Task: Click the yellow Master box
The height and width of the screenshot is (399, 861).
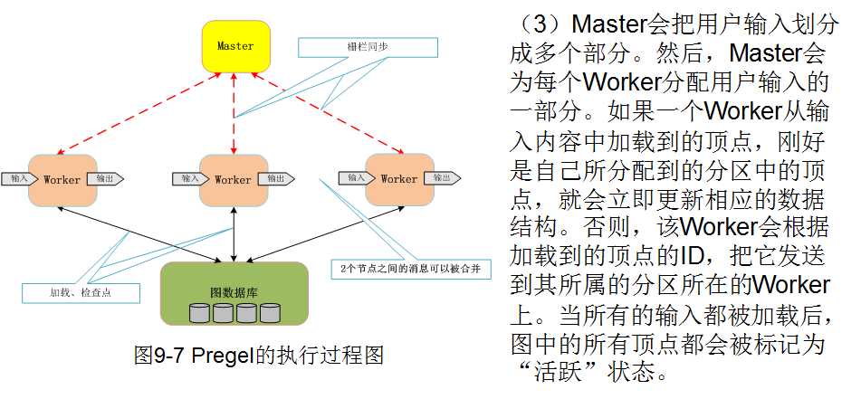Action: tap(234, 46)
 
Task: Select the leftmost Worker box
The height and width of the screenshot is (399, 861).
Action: tap(62, 179)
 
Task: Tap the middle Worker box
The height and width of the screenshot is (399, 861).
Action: tap(233, 179)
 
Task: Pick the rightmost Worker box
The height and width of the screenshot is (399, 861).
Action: tap(398, 178)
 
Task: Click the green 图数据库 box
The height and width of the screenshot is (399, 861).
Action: tap(234, 293)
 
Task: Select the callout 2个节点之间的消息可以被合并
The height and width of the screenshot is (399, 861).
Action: tap(407, 270)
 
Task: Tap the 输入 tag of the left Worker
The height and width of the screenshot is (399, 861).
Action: tap(17, 178)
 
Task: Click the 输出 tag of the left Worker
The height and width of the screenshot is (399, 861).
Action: tap(107, 178)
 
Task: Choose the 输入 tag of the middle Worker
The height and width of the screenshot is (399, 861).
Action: tap(188, 178)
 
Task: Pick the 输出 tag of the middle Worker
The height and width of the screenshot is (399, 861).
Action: tap(275, 178)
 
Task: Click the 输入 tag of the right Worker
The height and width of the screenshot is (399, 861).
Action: tap(355, 177)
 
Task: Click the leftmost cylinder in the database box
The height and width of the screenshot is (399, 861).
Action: tap(199, 313)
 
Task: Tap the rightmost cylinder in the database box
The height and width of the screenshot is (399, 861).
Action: tap(269, 313)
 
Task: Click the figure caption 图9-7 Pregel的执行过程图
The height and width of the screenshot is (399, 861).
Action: tap(258, 355)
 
